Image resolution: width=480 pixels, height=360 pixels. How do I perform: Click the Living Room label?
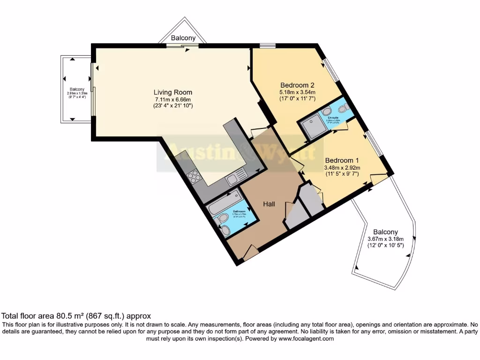click(173, 92)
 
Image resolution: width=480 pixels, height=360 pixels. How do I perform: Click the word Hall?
click(269, 204)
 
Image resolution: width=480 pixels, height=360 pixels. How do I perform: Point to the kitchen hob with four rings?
click(194, 177)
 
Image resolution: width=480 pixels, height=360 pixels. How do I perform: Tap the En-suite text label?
click(333, 118)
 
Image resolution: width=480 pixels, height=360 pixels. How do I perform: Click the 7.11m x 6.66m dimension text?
click(173, 99)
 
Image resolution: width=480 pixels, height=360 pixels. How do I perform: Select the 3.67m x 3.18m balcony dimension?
click(385, 239)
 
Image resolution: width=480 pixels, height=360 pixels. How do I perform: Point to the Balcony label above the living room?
click(183, 37)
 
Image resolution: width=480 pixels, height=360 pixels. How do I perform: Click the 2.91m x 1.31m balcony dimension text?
click(77, 93)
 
